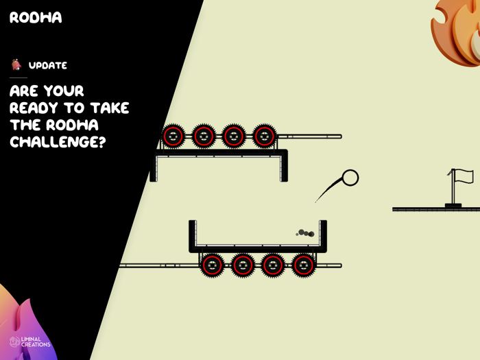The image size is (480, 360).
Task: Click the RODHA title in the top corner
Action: click(x=36, y=18)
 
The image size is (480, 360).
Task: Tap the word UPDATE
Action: click(x=48, y=66)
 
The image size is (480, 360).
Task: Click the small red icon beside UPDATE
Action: click(x=16, y=65)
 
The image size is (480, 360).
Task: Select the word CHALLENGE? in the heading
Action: click(x=62, y=142)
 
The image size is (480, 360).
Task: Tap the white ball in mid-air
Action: click(x=350, y=178)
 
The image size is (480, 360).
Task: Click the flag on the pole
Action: click(x=464, y=176)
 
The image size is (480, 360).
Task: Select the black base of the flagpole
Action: click(x=453, y=204)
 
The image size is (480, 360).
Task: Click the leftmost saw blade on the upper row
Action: click(x=173, y=136)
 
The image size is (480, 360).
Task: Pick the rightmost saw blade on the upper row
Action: click(x=264, y=136)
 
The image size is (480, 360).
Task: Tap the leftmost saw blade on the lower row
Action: click(x=213, y=265)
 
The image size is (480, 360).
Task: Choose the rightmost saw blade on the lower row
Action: click(x=303, y=265)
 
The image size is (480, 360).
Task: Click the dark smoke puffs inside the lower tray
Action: click(x=306, y=233)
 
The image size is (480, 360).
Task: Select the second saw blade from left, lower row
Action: click(x=243, y=265)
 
